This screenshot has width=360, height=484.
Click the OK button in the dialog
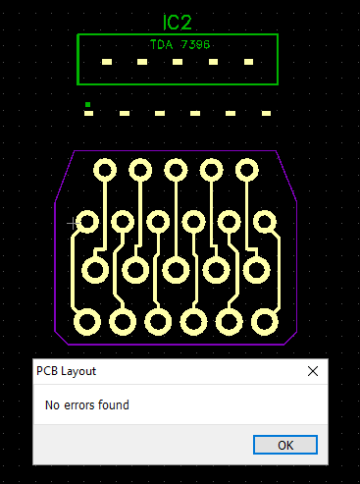pos(285,445)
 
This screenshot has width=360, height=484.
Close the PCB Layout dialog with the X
pos(313,371)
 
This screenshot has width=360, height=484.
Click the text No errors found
pos(87,405)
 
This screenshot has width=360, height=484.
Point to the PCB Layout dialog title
pos(67,371)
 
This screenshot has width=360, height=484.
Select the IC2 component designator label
pos(177,23)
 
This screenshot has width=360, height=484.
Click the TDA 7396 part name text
pos(180,44)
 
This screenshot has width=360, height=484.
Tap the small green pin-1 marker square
pos(87,105)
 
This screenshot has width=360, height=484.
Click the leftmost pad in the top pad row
pos(105,170)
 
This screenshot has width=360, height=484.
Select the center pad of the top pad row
pos(176,170)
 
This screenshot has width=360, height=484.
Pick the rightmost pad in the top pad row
pos(247,170)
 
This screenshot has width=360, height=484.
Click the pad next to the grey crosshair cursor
pos(87,222)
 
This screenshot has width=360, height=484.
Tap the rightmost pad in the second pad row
pos(265,222)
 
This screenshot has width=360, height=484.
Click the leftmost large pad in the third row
pos(95,270)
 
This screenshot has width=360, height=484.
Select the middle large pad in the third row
pos(176,270)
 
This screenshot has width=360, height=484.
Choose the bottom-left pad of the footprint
pos(87,322)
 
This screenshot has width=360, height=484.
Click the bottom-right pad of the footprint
pos(265,322)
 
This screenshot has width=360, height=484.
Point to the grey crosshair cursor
pos(74,224)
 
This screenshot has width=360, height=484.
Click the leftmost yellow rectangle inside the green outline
pos(107,62)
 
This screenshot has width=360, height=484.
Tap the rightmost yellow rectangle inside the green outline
pos(248,62)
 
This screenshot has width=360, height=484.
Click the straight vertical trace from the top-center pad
pos(176,219)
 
